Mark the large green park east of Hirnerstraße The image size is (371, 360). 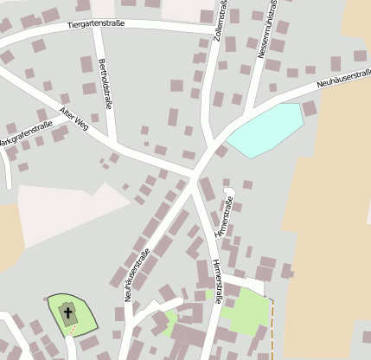point(246,312)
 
